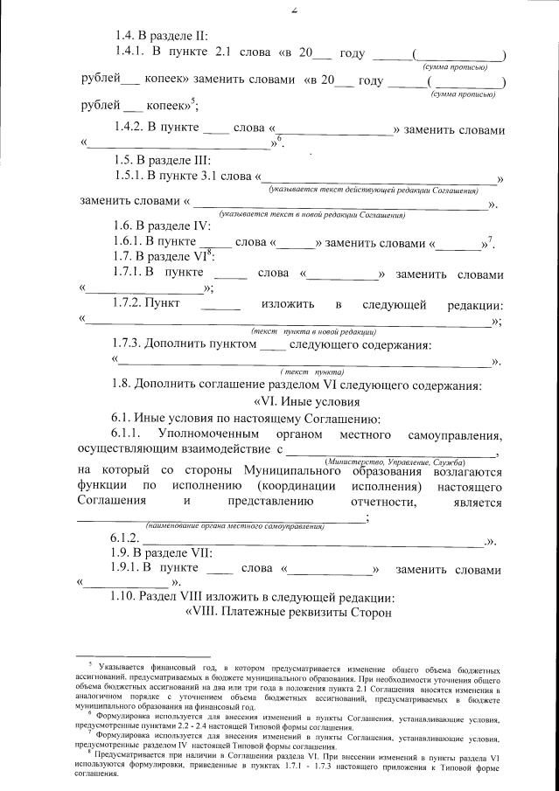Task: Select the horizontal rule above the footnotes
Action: point(143,656)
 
